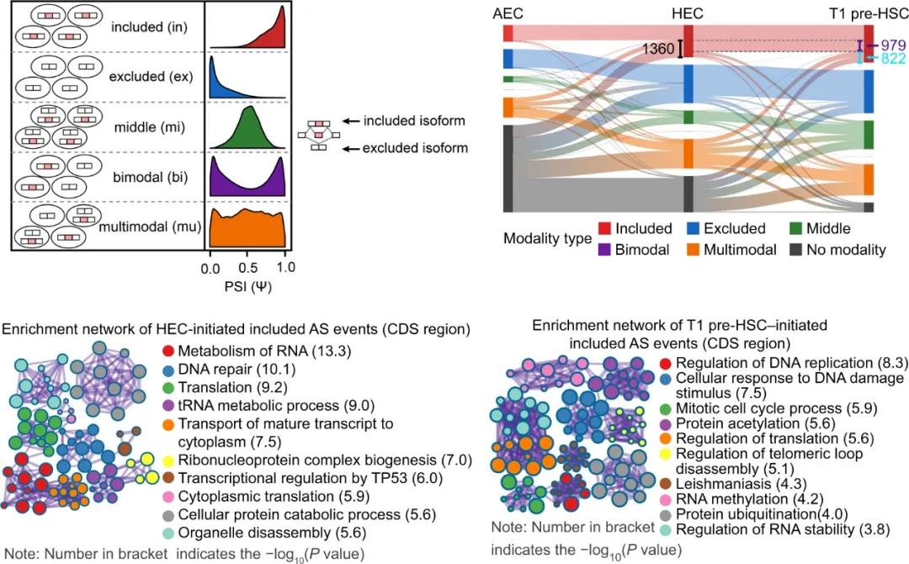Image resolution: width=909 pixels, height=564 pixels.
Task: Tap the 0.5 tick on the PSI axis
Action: click(x=247, y=269)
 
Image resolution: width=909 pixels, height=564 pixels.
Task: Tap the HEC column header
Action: click(x=688, y=15)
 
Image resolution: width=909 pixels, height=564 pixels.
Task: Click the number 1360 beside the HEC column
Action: click(x=658, y=50)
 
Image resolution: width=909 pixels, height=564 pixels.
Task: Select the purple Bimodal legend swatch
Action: click(x=605, y=250)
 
